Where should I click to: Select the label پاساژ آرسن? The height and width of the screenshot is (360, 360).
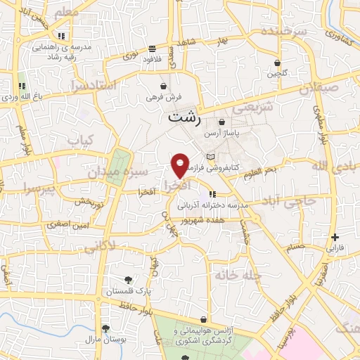[x=222, y=133]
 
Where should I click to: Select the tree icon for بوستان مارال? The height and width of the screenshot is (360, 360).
[x=105, y=328]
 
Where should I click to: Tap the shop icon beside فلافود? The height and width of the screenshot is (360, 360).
[x=153, y=49]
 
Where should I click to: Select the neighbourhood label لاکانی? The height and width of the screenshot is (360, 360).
[x=101, y=247]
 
